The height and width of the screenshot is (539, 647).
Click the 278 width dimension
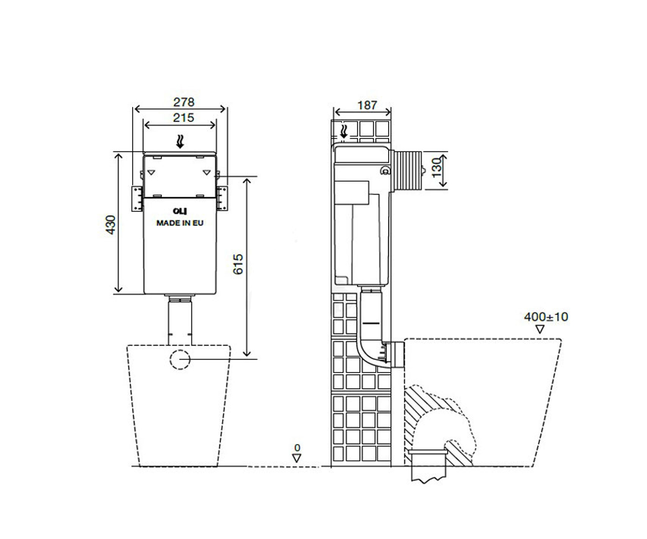pos(184,102)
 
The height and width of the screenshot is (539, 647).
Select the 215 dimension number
pos(183,118)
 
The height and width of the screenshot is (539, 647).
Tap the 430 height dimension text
pos(111,225)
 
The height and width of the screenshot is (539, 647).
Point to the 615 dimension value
pos(238,264)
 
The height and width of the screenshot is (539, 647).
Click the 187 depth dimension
pos(367,105)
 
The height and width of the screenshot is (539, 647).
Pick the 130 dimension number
pos(436,168)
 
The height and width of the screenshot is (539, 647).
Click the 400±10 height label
pos(546,317)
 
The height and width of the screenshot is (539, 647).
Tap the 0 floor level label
pos(297,447)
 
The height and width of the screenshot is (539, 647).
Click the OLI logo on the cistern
pos(180,211)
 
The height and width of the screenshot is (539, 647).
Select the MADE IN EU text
pos(180,223)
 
